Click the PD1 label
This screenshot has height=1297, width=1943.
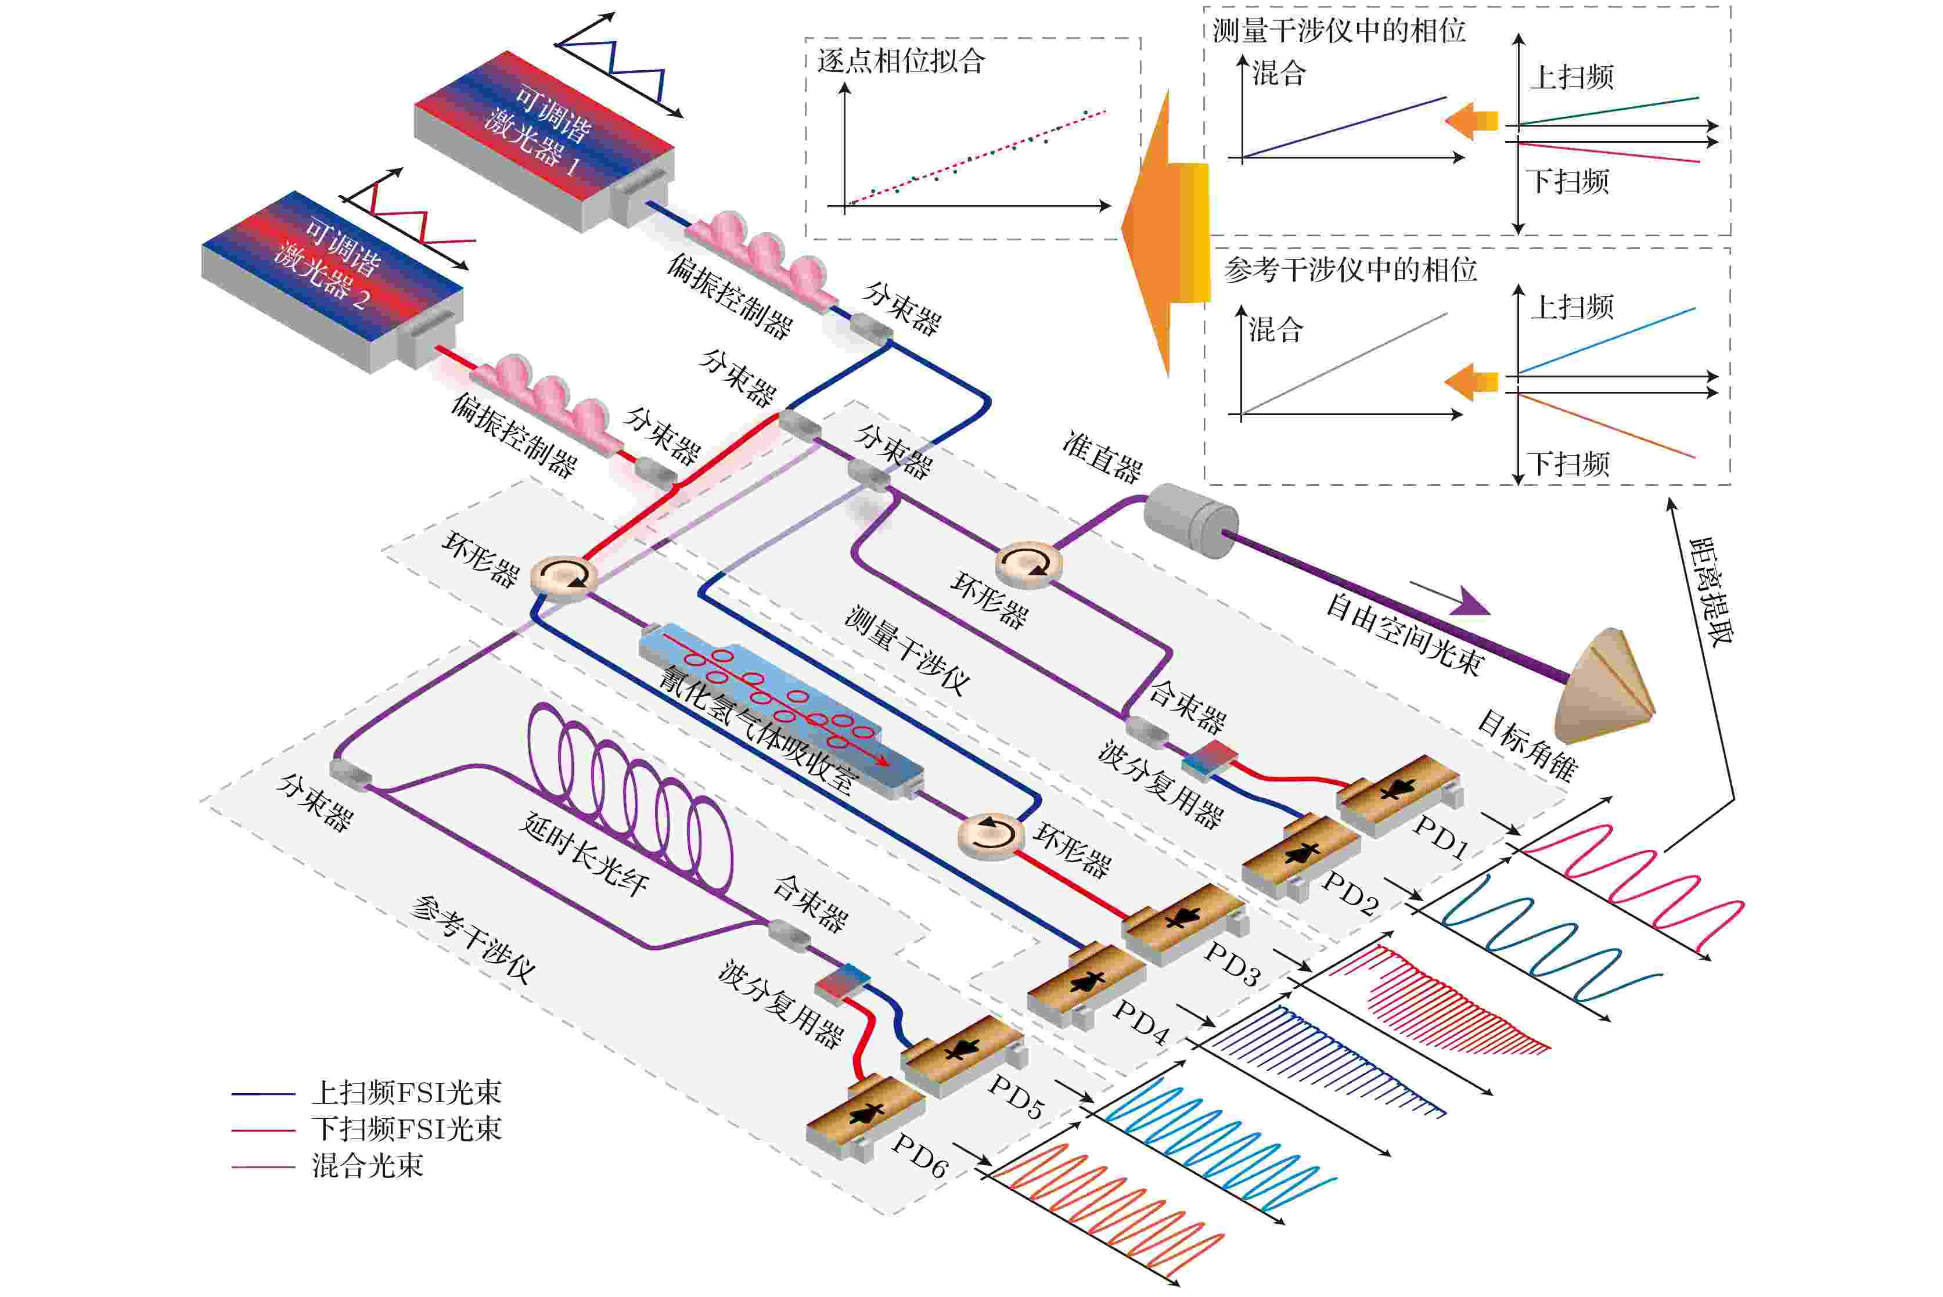tap(1440, 837)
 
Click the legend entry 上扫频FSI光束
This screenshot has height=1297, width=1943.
tap(406, 1093)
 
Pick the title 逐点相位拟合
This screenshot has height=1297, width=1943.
tap(901, 60)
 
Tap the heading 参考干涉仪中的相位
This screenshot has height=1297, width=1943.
tap(1350, 269)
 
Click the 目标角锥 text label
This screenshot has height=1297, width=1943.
tap(1527, 746)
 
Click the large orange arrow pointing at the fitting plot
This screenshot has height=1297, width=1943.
tap(1165, 233)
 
